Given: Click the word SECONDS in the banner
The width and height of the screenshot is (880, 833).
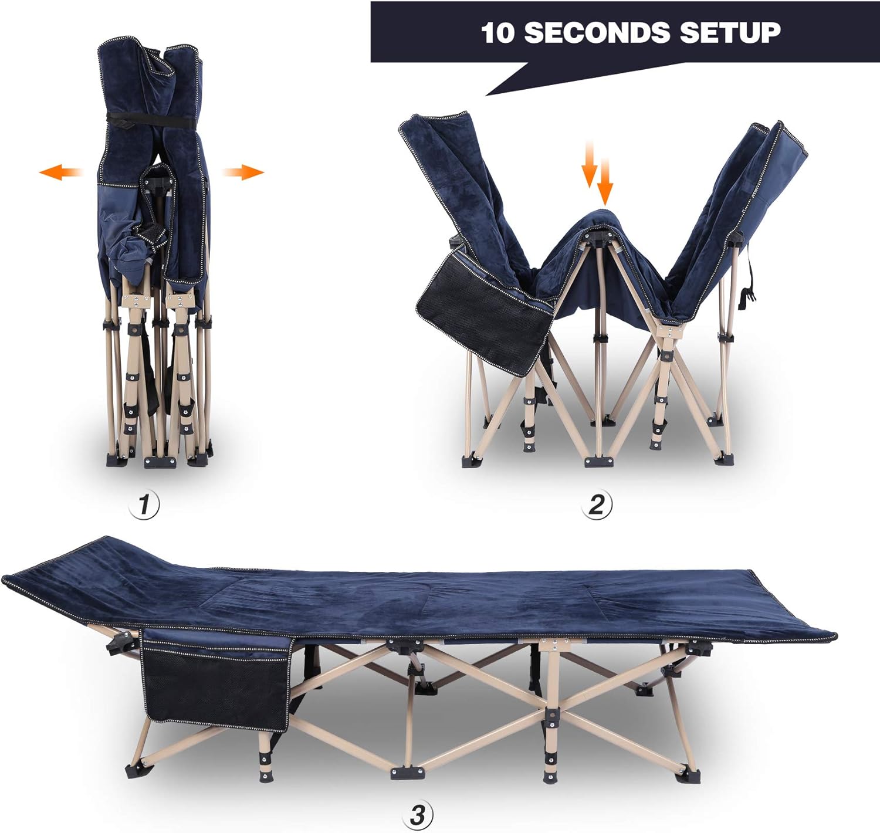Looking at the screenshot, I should [x=596, y=32].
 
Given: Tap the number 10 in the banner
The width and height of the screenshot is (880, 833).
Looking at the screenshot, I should [x=497, y=33].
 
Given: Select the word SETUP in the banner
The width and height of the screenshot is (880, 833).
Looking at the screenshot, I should [x=730, y=32].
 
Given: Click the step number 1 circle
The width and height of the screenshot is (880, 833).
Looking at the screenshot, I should [x=144, y=504].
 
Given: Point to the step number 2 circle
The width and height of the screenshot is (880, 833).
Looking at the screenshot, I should [x=596, y=504].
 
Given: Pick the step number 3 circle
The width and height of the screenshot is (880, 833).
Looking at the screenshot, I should [x=418, y=815].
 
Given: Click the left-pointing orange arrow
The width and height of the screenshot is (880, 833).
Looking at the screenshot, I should [x=60, y=172].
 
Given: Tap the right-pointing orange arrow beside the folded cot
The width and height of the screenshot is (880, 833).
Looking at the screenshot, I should [x=243, y=172].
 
